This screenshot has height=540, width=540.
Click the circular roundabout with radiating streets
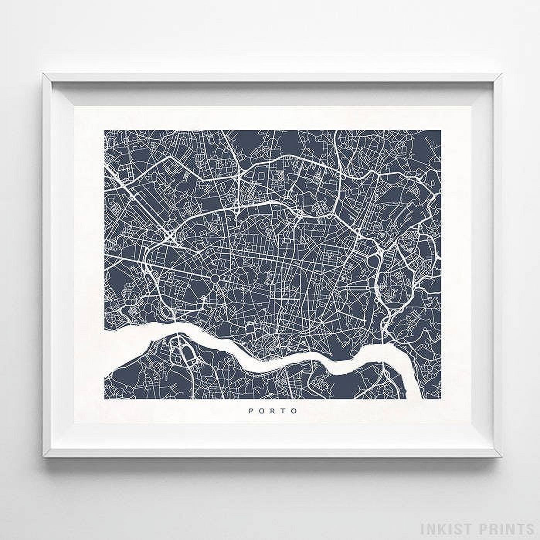click(215, 278)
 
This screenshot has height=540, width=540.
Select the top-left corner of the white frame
click(43, 73)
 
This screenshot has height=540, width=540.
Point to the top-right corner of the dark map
click(441, 131)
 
